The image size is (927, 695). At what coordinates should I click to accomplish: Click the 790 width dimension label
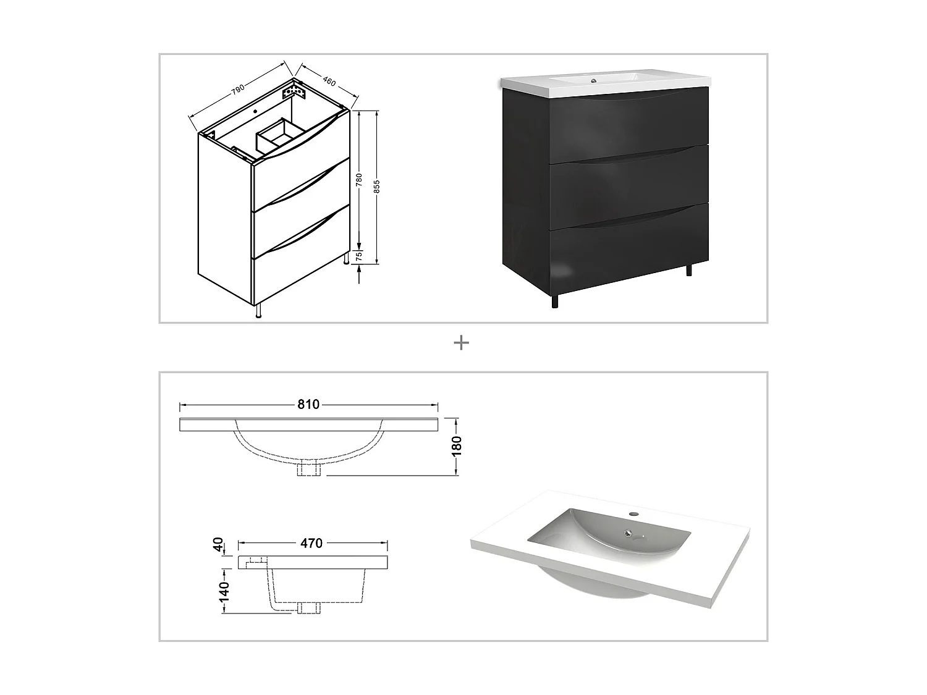[237, 89]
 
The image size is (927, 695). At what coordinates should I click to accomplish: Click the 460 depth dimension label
[328, 80]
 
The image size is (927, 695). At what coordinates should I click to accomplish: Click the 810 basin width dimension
[308, 405]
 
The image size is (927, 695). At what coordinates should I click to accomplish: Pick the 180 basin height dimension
[456, 445]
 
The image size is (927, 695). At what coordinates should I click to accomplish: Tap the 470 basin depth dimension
[311, 543]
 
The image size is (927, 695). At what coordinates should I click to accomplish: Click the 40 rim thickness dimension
[218, 544]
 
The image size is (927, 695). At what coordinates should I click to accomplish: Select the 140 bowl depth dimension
[224, 591]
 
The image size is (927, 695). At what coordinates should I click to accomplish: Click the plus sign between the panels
[461, 343]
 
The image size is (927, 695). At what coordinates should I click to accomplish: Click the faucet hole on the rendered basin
[634, 513]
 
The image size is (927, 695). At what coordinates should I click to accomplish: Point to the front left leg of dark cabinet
[554, 301]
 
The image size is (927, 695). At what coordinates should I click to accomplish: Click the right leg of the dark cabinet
[690, 270]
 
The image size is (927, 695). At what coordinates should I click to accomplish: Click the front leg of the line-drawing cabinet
[259, 311]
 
